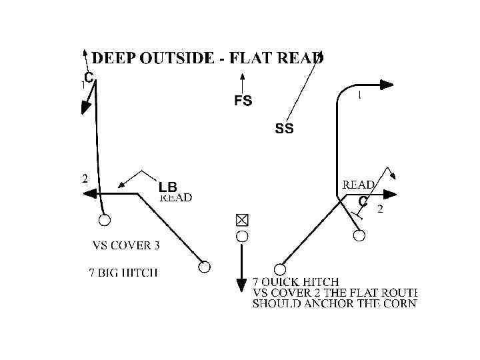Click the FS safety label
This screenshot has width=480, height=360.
click(x=243, y=101)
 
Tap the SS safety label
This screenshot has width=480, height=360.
click(x=284, y=129)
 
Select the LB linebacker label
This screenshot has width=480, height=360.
click(x=167, y=187)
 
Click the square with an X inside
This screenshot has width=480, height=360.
click(x=242, y=219)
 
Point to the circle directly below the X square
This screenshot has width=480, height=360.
click(x=242, y=236)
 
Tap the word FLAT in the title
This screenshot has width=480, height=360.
click(x=251, y=58)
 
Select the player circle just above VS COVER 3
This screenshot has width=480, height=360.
click(x=105, y=221)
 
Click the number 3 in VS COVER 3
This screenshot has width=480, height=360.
click(x=156, y=245)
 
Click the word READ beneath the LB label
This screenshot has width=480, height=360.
click(x=176, y=197)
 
